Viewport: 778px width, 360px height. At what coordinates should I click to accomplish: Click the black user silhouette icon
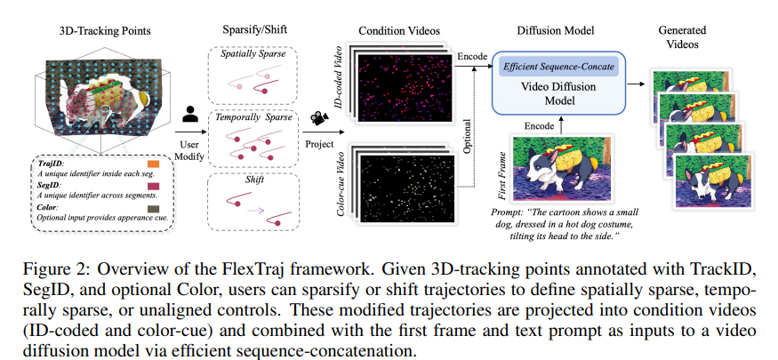tap(188, 114)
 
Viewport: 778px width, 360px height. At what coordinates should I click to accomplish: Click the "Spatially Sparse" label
tap(253, 55)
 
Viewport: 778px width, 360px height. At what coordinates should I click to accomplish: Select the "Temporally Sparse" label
tap(253, 116)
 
